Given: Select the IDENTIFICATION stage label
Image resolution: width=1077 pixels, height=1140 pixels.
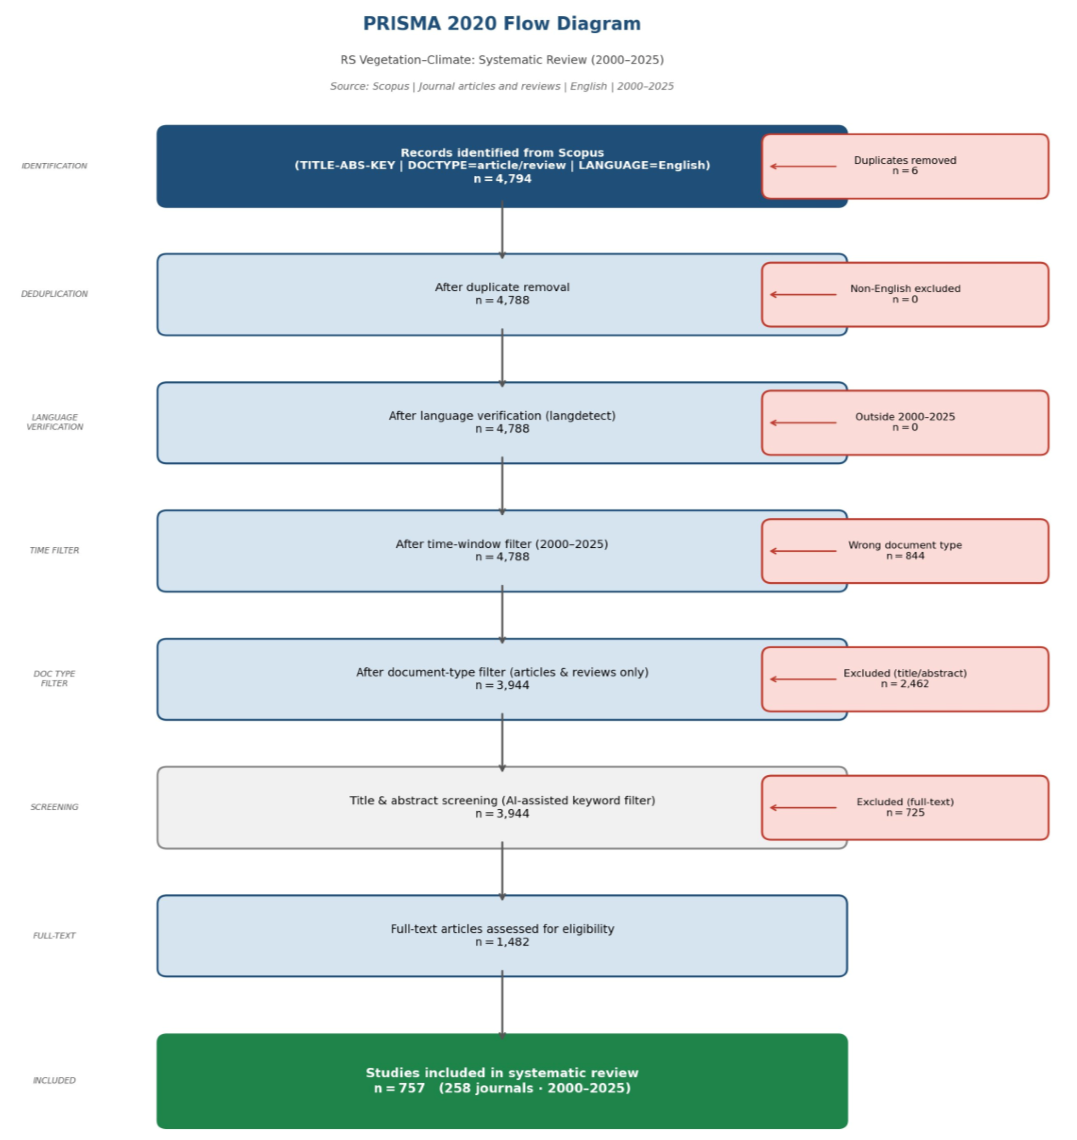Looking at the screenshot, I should coord(54,166).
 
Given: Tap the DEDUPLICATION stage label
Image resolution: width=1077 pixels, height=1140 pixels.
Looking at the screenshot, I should coord(54,294).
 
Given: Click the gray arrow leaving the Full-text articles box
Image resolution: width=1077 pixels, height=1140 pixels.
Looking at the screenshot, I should coord(502,1005).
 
